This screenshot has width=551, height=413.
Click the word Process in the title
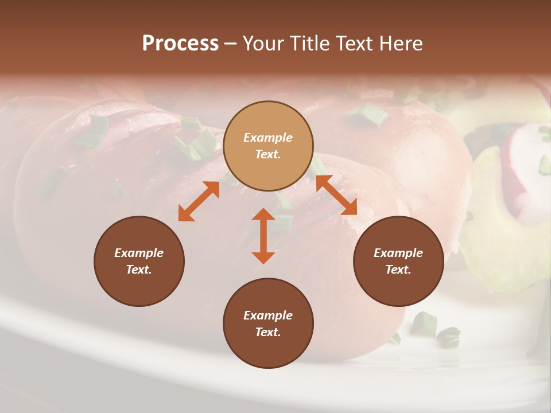pyautogui.click(x=180, y=44)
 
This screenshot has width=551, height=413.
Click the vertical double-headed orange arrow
pyautogui.click(x=263, y=236)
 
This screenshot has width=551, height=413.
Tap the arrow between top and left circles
pyautogui.click(x=199, y=201)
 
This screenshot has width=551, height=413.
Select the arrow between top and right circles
pyautogui.click(x=336, y=195)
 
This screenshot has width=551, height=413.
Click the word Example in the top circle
pyautogui.click(x=268, y=138)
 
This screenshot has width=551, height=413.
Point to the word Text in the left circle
pyautogui.click(x=139, y=270)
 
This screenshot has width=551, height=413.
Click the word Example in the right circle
pyautogui.click(x=398, y=253)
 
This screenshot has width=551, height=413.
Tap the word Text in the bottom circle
pyautogui.click(x=268, y=332)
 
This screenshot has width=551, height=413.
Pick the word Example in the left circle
pyautogui.click(x=139, y=253)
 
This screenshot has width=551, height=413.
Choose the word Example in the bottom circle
pyautogui.click(x=268, y=315)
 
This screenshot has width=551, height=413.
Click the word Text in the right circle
pyautogui.click(x=398, y=270)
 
